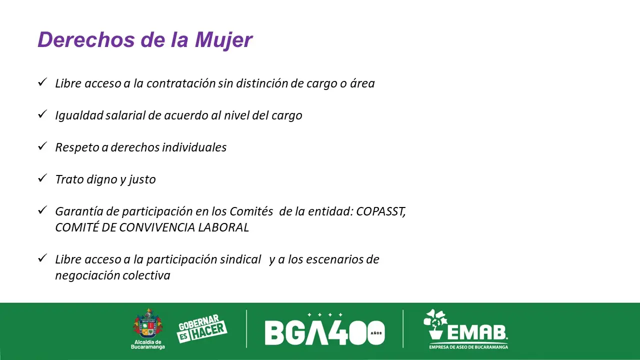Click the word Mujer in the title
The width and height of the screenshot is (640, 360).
coord(223,40)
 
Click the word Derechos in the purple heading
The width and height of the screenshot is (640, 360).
coord(86,39)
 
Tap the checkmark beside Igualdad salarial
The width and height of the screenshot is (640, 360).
coord(42,114)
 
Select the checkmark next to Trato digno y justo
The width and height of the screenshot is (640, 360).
coord(42,178)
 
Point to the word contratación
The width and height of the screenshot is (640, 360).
coord(181,83)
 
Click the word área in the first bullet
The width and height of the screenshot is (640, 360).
coord(362,83)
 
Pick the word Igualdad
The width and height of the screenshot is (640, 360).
coord(79,115)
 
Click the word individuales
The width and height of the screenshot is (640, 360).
coord(194,147)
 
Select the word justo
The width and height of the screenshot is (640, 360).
coord(142,179)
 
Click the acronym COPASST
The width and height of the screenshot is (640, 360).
coord(380,211)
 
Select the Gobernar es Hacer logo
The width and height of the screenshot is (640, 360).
coord(202,328)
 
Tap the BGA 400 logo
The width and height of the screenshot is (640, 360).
coord(325,329)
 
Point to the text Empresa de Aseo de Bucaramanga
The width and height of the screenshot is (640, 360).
coord(468,347)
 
